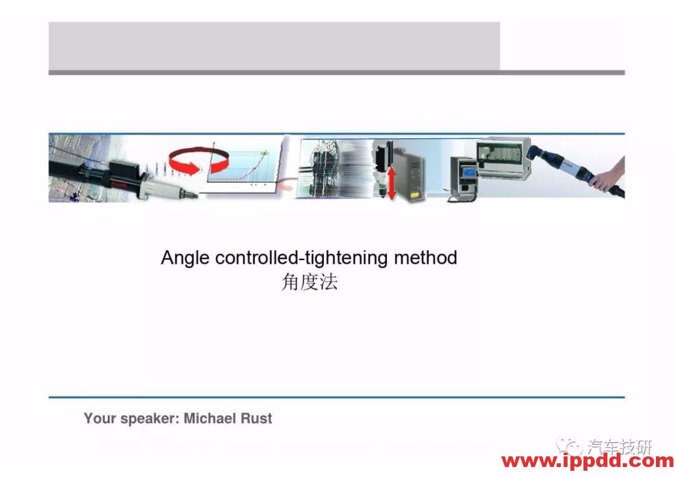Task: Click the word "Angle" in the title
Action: pos(185,258)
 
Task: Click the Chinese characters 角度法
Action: pos(310,283)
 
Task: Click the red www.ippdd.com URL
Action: pos(588,461)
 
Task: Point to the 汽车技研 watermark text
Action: pos(620,447)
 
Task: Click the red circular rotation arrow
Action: pos(198,161)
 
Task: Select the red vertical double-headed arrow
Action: pos(391,183)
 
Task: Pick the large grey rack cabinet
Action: pos(503,158)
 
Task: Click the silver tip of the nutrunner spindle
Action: pos(189,193)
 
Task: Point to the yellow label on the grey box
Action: pos(415,195)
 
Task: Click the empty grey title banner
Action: pos(274,46)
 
